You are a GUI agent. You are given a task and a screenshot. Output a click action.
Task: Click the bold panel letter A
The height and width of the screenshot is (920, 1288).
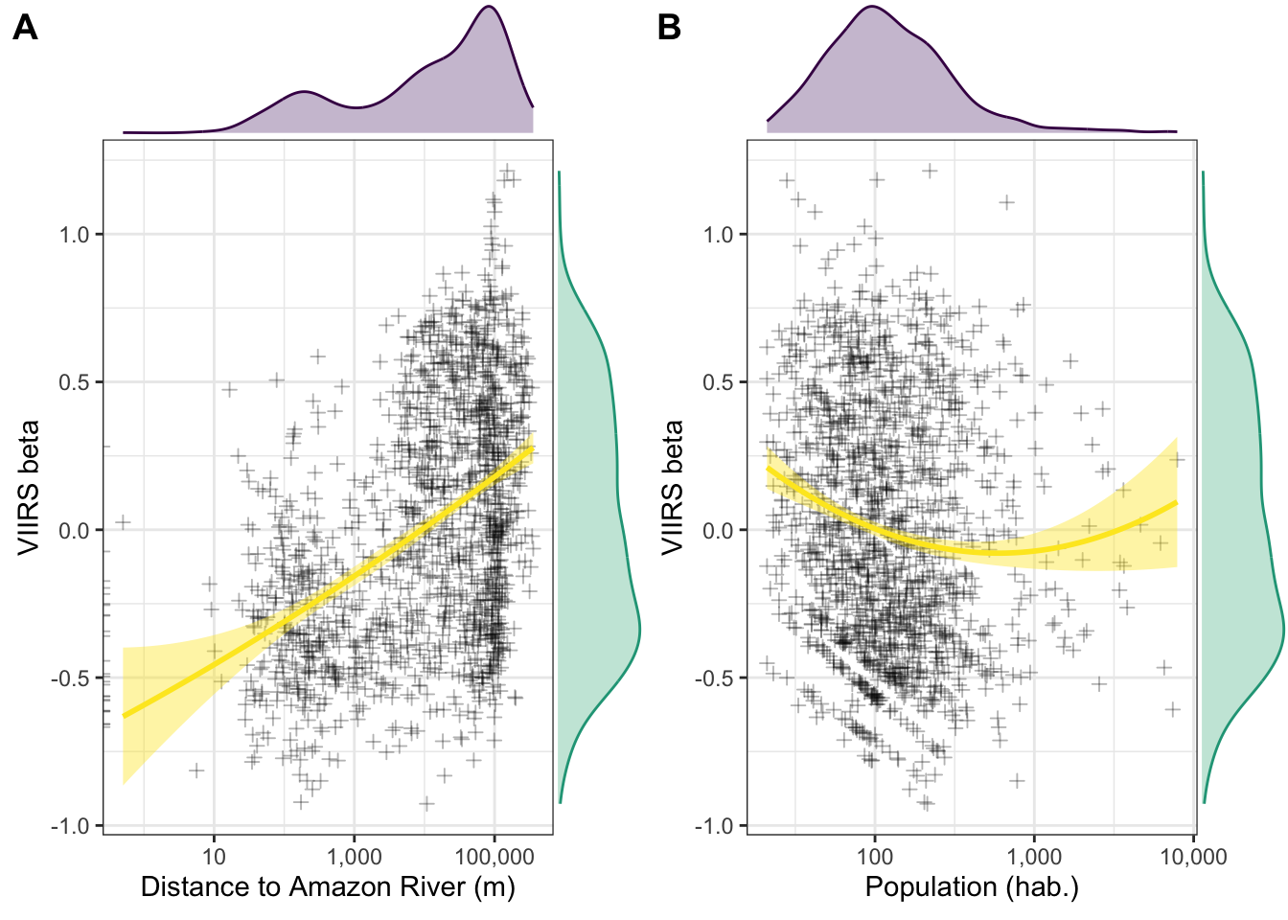point(25,29)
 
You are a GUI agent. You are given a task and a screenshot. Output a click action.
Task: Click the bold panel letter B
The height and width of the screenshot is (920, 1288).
point(669,29)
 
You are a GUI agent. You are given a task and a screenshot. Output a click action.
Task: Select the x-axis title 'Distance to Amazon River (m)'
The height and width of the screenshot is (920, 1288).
point(328,886)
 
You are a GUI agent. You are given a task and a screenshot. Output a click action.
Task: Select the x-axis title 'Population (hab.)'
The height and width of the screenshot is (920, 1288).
point(972,886)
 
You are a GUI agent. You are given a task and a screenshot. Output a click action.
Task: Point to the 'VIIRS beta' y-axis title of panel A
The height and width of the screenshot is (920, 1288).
point(30,487)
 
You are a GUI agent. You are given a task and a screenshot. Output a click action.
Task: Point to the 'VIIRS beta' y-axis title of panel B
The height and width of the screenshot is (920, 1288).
point(674,487)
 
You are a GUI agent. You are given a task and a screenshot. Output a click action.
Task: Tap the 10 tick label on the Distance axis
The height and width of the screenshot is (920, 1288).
point(214,857)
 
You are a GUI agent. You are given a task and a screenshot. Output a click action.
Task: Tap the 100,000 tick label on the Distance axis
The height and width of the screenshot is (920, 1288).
point(494,857)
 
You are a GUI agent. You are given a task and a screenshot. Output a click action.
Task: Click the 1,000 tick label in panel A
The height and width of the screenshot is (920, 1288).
point(354,857)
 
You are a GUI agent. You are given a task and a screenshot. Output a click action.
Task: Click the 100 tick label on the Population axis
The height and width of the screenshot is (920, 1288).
point(874,857)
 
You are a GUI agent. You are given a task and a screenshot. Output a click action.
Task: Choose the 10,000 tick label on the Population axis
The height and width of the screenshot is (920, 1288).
point(1193,857)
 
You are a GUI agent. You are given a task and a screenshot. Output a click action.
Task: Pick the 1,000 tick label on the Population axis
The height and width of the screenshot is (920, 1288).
point(1034,857)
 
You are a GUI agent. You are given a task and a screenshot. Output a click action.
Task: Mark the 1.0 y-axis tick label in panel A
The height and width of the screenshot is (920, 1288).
point(74,235)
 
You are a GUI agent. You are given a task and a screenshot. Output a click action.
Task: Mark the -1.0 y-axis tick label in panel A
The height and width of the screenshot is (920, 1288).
point(70,826)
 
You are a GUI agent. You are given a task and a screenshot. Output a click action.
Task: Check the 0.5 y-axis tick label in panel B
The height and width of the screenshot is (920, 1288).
point(718,382)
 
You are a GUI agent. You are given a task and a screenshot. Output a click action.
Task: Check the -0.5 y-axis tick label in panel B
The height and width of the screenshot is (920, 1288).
point(714,678)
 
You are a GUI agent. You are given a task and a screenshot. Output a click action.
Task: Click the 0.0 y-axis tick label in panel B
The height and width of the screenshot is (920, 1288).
point(718,531)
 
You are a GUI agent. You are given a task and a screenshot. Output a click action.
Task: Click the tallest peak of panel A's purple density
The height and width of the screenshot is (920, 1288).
point(489,8)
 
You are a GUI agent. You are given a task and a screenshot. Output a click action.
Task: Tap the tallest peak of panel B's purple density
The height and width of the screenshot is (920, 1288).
point(872,8)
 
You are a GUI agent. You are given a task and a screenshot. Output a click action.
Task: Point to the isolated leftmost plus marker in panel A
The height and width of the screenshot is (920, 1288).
point(123,522)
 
